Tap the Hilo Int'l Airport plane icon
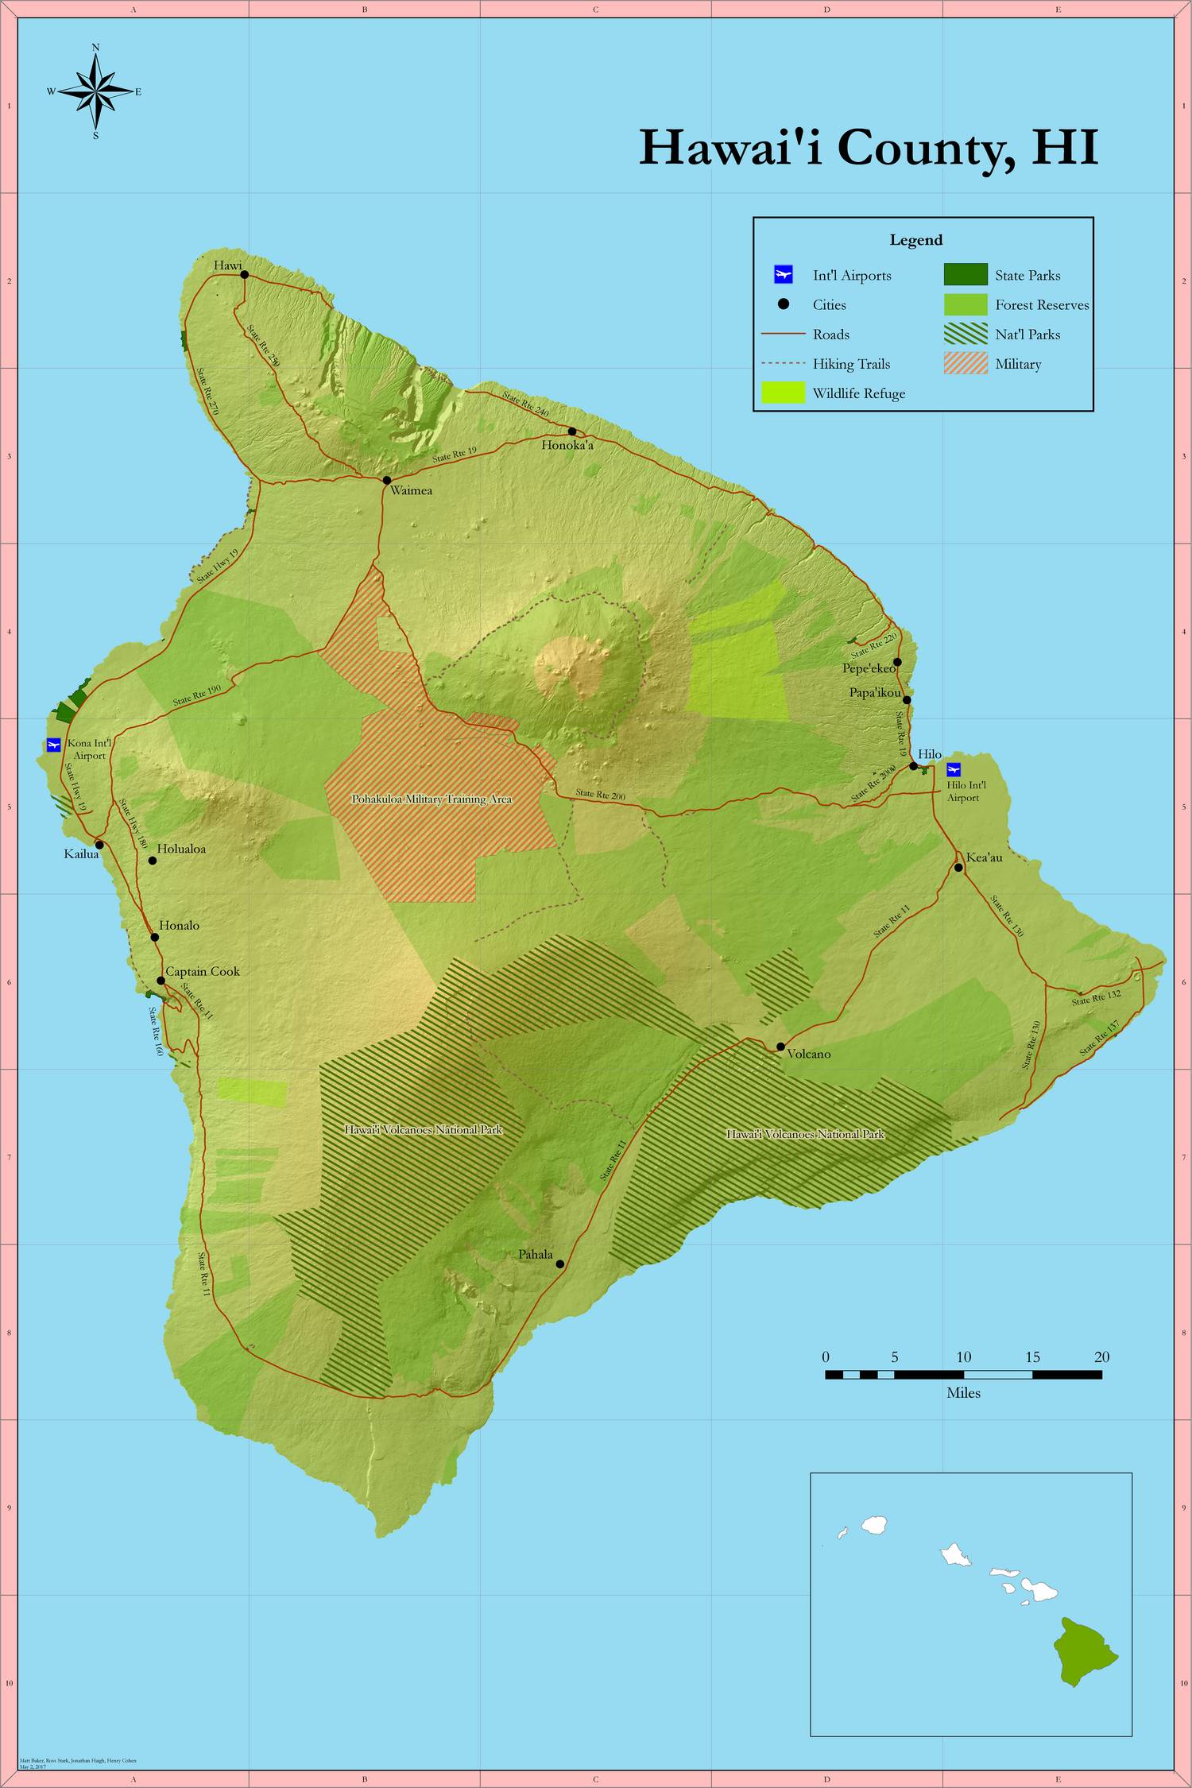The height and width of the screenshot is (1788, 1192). (954, 769)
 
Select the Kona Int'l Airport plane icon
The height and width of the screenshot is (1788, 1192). (54, 745)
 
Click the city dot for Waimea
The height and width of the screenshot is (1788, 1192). (387, 480)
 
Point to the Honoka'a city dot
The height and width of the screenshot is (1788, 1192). (572, 432)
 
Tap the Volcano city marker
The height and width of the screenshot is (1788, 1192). (780, 1047)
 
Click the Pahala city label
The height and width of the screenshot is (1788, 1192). (536, 1254)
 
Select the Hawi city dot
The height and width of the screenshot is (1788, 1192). (245, 275)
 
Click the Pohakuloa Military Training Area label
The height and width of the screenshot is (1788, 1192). (432, 799)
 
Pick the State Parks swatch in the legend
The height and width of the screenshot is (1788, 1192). (966, 275)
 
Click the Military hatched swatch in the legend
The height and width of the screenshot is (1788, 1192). (966, 364)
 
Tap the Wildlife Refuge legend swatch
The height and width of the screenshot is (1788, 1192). (783, 393)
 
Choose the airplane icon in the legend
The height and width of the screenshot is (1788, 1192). (783, 276)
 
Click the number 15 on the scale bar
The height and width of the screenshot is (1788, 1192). (1032, 1356)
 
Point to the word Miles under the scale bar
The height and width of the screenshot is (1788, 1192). (963, 1393)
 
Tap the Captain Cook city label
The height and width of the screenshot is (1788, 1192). (203, 971)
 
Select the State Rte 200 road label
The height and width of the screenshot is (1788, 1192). (601, 794)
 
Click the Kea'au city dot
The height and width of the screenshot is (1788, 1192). (959, 867)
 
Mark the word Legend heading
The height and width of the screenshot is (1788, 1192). (916, 240)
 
